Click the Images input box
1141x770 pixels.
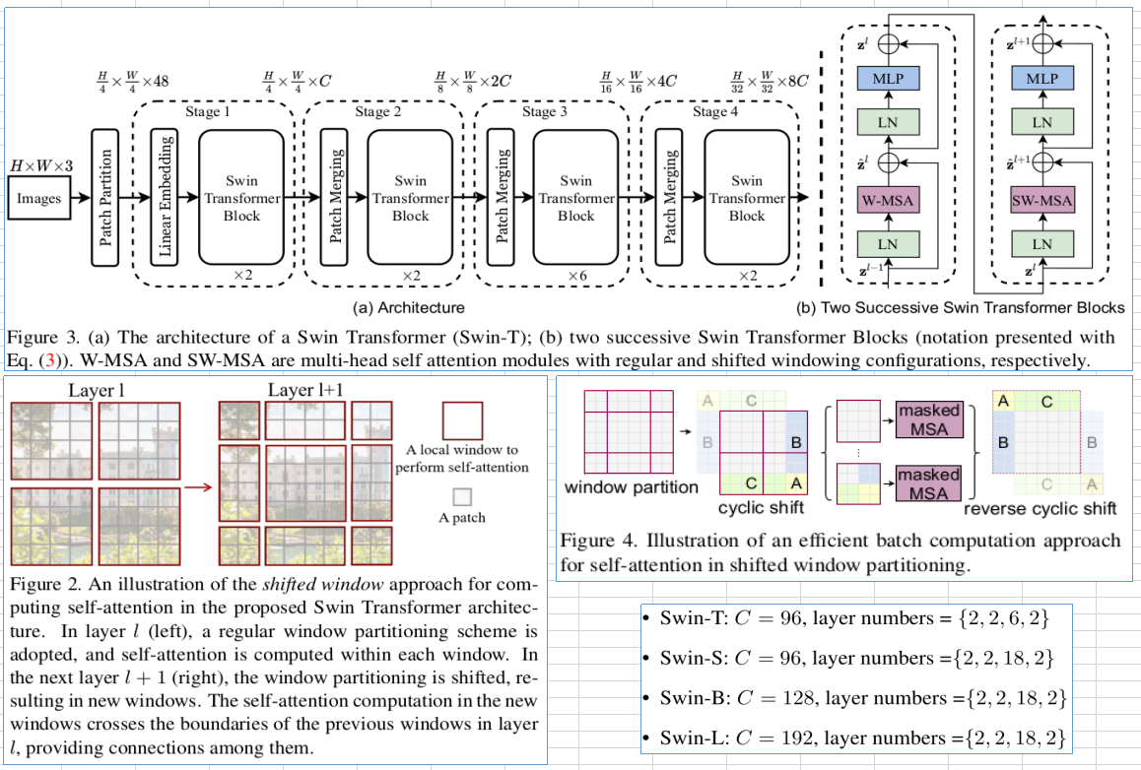coord(38,199)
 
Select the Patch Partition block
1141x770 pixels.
coord(105,198)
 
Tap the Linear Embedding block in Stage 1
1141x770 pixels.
coord(166,198)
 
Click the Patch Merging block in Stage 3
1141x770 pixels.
coord(502,198)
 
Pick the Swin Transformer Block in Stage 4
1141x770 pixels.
coord(746,198)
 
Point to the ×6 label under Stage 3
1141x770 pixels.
coord(577,277)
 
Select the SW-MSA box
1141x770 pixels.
coord(1041,201)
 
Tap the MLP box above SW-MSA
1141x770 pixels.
coord(1041,78)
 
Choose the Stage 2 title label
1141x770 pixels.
coord(378,112)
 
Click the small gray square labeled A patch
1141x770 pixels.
coord(461,497)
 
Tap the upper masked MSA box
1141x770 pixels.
coord(928,419)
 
